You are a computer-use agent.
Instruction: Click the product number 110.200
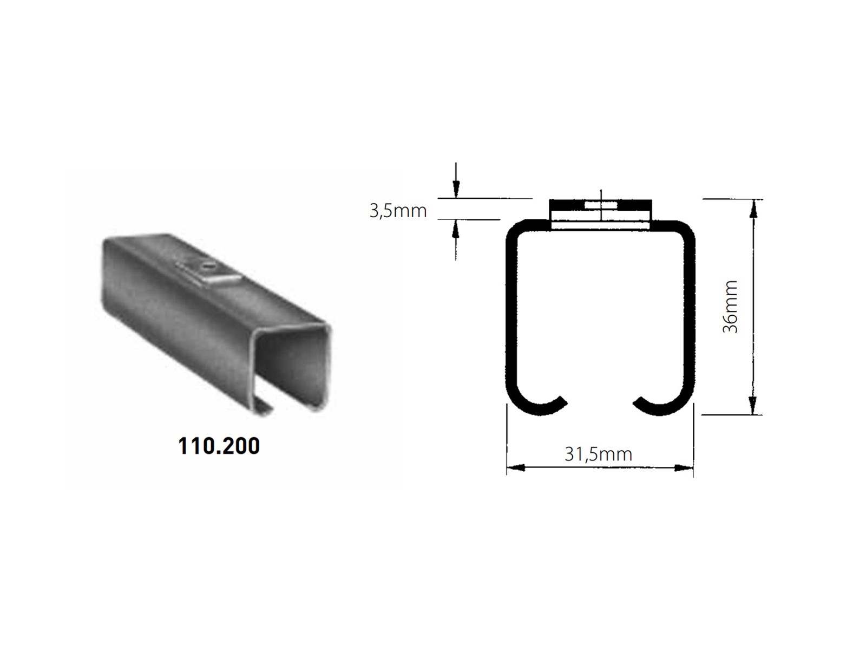pyautogui.click(x=219, y=446)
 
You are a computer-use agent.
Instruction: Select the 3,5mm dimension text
pyautogui.click(x=398, y=210)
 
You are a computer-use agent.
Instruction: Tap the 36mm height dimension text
pyautogui.click(x=730, y=307)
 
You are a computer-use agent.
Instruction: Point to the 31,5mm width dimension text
pyautogui.click(x=598, y=453)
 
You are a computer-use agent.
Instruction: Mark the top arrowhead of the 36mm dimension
pyautogui.click(x=752, y=209)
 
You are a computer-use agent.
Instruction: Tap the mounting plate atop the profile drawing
pyautogui.click(x=600, y=214)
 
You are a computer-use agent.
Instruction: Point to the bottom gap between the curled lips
pyautogui.click(x=600, y=404)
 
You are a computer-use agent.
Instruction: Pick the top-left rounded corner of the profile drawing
pyautogui.click(x=514, y=227)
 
